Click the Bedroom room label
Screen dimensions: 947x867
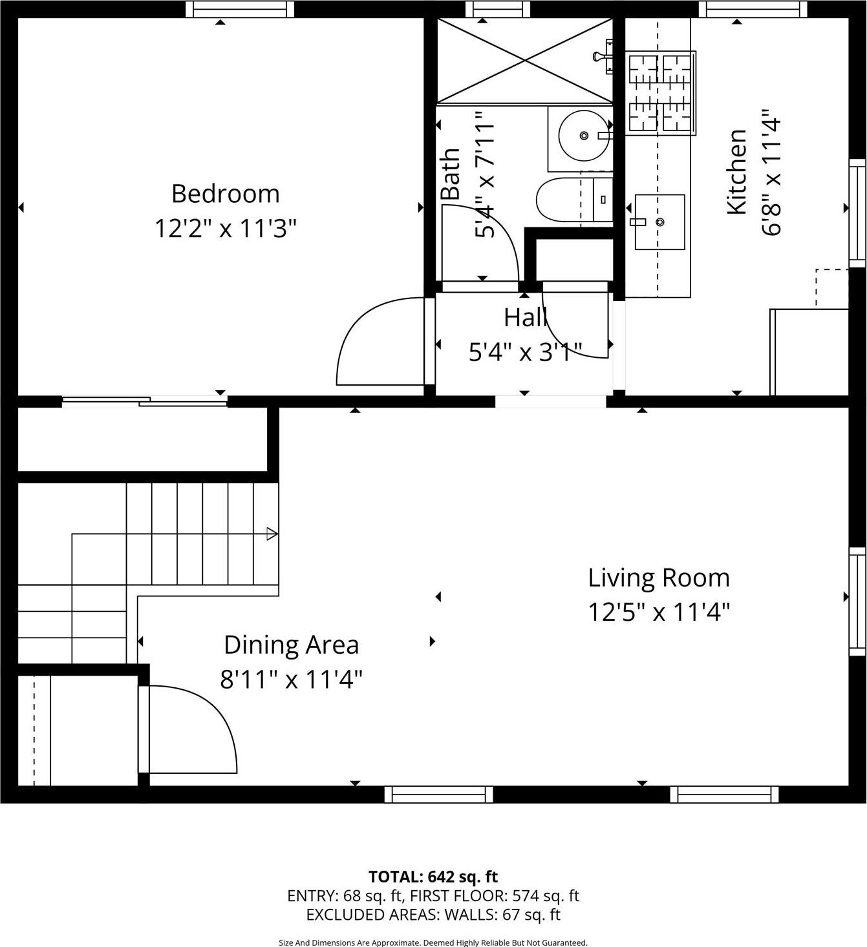tap(225, 194)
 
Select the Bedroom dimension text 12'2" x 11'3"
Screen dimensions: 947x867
tap(225, 228)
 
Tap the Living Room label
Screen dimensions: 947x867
tap(658, 578)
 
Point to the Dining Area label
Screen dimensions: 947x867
tap(291, 645)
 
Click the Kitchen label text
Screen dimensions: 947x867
tap(737, 172)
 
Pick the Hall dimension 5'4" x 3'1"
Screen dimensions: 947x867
tap(525, 352)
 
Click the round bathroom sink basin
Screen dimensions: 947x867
tap(583, 136)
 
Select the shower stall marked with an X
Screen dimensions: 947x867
tap(524, 61)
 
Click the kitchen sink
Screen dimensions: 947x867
tap(659, 222)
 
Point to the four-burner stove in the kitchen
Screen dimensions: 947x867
tap(660, 94)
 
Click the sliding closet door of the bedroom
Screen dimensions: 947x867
tap(145, 402)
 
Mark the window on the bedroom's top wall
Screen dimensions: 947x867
tap(240, 8)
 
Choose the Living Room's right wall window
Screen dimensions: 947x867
tap(857, 601)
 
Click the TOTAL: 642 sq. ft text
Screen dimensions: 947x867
tap(433, 877)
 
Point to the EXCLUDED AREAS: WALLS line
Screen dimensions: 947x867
tap(433, 915)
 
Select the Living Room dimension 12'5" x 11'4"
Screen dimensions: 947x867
tap(658, 612)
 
